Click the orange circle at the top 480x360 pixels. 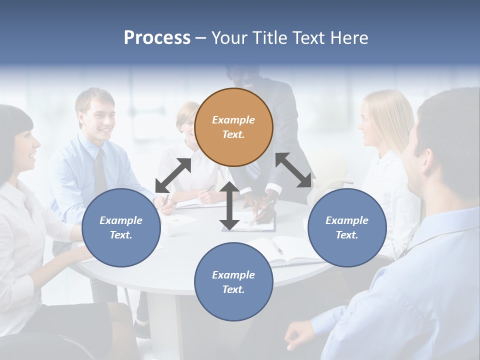coord(233,127)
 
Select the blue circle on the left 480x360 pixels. coord(121,227)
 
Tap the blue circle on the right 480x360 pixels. coord(347,227)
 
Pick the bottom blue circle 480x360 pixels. coord(233,282)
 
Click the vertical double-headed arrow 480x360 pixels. coord(229,206)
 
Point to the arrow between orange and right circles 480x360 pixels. coord(293,170)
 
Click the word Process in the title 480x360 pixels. coord(157,37)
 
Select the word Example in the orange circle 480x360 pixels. coord(233,120)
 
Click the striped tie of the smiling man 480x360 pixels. coord(100,170)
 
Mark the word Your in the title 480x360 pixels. coord(229,37)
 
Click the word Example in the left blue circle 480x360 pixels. coord(121,220)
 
